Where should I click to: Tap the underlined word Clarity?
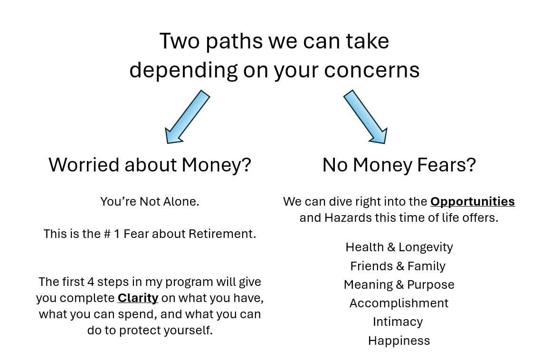[x=138, y=298]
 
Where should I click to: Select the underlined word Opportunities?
[x=472, y=201]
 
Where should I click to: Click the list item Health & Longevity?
[x=399, y=247]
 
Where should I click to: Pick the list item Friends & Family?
[x=398, y=266]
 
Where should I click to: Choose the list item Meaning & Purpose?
[x=399, y=284]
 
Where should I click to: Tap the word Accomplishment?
[x=399, y=303]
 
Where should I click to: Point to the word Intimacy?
[x=398, y=322]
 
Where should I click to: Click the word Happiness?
[x=399, y=341]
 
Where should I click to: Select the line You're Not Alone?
[x=150, y=201]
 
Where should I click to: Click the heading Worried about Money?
[x=150, y=165]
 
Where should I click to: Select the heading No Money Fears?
[x=399, y=165]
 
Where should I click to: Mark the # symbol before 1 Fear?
[x=107, y=234]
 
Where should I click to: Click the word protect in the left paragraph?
[x=140, y=330]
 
